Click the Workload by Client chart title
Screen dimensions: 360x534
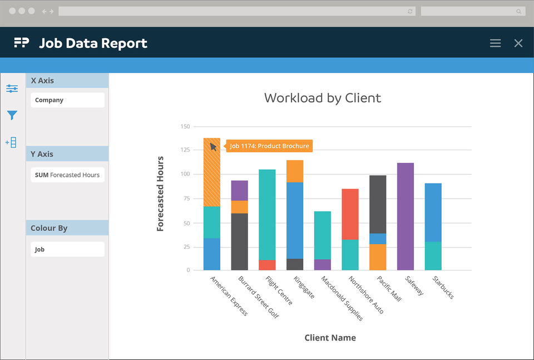[323, 98]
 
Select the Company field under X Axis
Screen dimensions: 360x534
[67, 100]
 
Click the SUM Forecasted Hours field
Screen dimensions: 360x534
[67, 175]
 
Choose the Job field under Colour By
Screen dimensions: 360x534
[67, 249]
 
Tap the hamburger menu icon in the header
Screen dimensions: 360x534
[495, 43]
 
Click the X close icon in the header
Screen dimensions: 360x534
[518, 43]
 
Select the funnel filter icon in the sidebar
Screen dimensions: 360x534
[12, 116]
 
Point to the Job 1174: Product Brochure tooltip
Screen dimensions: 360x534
[269, 146]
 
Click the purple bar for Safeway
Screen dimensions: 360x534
[406, 216]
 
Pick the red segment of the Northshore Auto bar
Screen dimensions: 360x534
[350, 214]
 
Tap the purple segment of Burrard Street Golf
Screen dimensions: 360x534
[240, 190]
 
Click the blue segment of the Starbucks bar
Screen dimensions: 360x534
[433, 212]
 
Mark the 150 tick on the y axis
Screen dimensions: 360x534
[185, 127]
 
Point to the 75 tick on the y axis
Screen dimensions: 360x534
[186, 199]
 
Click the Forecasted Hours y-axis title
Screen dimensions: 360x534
[160, 194]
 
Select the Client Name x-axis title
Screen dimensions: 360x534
[330, 338]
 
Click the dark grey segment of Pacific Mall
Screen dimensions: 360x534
[378, 204]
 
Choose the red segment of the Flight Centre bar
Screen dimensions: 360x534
[267, 265]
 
